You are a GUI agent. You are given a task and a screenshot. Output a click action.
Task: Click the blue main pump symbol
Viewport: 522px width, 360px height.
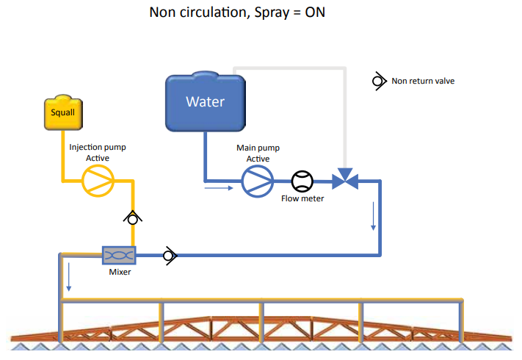tap(257, 180)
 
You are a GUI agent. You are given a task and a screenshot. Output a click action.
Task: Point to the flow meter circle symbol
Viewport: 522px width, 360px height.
tap(302, 181)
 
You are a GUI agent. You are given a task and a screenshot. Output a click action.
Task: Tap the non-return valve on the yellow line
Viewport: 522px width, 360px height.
tap(132, 217)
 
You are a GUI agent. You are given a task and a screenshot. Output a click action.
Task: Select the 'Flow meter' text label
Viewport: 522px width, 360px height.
tap(302, 198)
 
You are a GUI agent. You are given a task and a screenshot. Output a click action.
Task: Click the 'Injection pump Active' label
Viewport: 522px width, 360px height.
tap(97, 152)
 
